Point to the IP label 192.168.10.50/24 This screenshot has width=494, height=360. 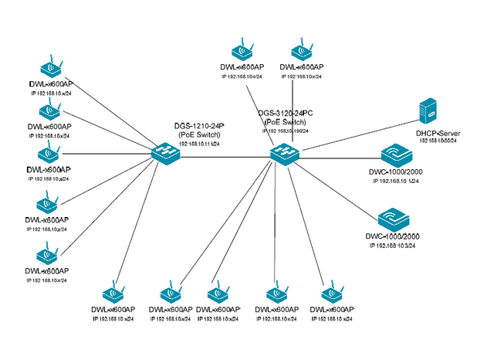[x=438, y=141]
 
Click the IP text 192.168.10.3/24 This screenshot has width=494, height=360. [x=394, y=244]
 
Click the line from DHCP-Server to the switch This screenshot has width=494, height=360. [x=355, y=134]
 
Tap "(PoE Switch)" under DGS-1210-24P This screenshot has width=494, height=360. [x=197, y=135]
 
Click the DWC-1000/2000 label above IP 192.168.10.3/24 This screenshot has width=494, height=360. [x=394, y=236]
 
